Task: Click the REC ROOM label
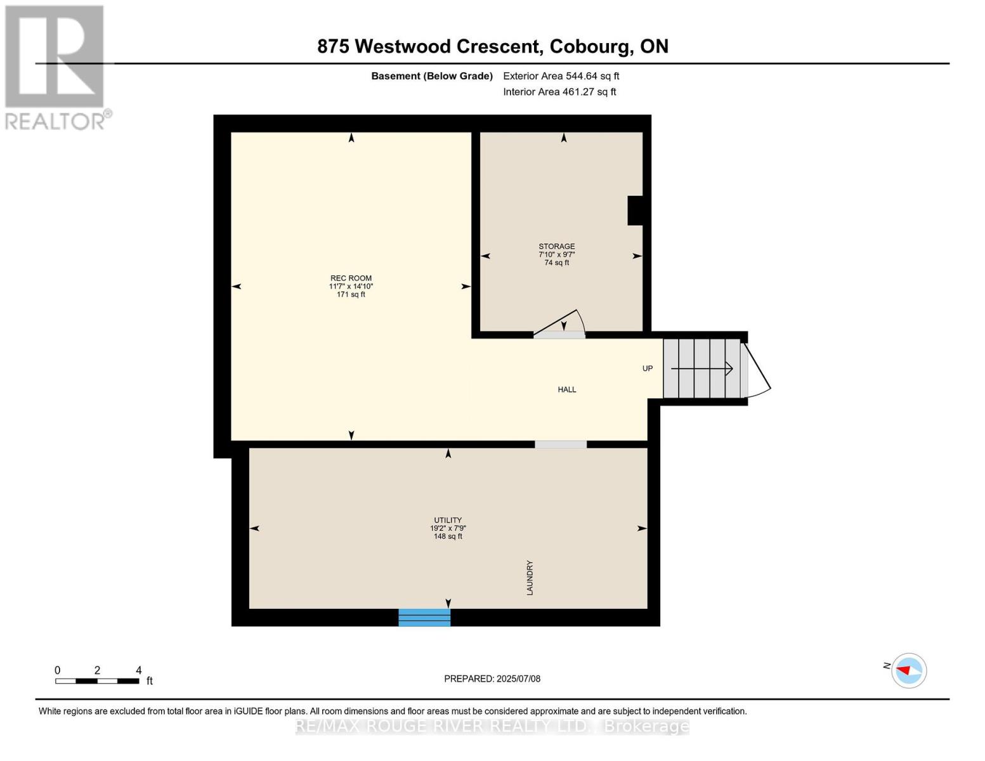point(351,278)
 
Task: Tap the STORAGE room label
point(556,247)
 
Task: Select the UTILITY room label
point(448,520)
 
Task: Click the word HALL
point(567,390)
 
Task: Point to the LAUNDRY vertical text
point(530,578)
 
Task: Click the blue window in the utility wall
point(424,617)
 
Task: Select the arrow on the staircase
point(701,368)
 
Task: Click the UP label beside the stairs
point(648,368)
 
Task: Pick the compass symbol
point(909,670)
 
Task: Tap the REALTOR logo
point(55,67)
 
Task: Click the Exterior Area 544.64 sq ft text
point(561,76)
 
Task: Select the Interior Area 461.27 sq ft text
point(559,92)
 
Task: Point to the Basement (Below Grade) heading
point(432,76)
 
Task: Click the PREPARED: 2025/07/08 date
point(492,679)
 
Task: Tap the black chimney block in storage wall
point(635,211)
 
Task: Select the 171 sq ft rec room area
point(351,295)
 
